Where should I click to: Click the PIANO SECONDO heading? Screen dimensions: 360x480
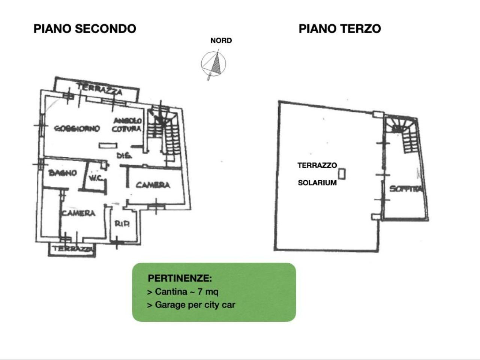85,29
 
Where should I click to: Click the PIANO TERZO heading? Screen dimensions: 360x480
339,29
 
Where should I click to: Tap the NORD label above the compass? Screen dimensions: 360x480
221,40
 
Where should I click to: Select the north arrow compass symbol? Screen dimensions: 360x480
214,63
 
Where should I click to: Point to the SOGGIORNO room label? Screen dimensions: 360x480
77,129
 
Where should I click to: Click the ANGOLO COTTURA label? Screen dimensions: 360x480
127,125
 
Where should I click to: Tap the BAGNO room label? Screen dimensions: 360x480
63,173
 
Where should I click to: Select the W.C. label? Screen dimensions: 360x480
96,178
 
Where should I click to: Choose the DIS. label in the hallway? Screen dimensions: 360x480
123,155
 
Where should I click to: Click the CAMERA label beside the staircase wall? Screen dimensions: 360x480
153,185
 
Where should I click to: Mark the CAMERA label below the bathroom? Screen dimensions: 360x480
79,213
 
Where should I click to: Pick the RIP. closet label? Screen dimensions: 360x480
122,224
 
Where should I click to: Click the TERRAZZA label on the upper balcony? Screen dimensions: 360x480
99,89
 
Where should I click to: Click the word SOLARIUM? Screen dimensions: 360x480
317,183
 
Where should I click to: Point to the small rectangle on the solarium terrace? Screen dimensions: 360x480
341,174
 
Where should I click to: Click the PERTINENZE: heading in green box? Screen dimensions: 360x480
180,278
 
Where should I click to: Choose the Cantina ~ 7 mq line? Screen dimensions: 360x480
183,291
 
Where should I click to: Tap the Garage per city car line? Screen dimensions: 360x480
191,304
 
